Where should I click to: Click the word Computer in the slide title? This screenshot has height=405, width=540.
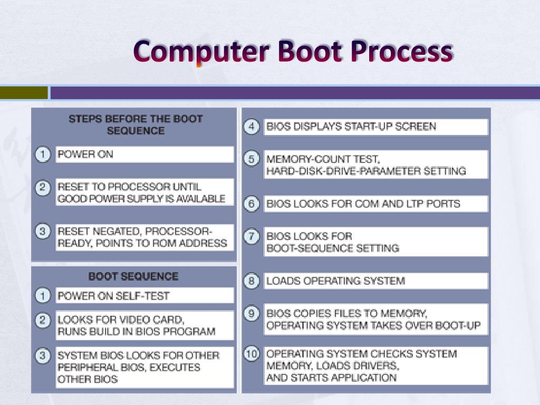click(x=201, y=52)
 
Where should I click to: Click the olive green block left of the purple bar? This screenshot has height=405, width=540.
click(x=24, y=93)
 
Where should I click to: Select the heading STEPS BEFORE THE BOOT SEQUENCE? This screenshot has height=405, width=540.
click(x=136, y=124)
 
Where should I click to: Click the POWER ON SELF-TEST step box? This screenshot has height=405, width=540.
click(x=144, y=296)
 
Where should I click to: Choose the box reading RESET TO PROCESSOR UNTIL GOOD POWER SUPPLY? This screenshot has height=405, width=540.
click(x=144, y=192)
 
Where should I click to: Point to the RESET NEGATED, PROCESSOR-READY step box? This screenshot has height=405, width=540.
click(x=144, y=237)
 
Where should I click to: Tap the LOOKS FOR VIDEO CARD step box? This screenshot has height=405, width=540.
click(x=144, y=325)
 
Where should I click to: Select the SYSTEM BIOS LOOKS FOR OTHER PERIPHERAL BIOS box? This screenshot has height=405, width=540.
click(x=144, y=367)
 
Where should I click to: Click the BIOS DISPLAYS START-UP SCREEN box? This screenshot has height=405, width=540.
click(x=375, y=127)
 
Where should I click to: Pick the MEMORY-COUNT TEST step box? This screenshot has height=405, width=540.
click(x=375, y=165)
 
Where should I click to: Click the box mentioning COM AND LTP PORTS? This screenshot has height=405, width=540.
click(x=375, y=204)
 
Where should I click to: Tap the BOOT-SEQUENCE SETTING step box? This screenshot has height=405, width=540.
click(x=375, y=242)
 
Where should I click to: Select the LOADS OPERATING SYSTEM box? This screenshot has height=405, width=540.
click(x=375, y=281)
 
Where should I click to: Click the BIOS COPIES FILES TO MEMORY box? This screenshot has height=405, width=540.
click(x=375, y=319)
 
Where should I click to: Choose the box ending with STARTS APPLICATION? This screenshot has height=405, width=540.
click(x=375, y=365)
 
